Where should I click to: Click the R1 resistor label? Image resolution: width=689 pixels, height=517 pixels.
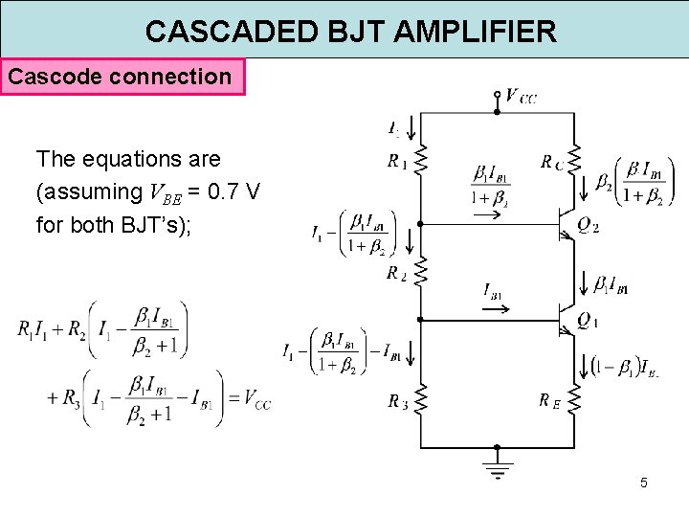[x=397, y=163]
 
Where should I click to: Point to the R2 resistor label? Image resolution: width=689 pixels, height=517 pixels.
[x=397, y=274]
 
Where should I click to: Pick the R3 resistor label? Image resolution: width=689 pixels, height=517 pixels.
[x=397, y=403]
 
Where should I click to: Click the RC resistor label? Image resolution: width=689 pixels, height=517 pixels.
[x=551, y=163]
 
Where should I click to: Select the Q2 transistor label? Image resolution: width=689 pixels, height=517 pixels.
[x=589, y=228]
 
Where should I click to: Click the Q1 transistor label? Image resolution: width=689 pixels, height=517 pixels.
[x=589, y=322]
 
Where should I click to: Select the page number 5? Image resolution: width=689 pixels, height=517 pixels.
[x=644, y=483]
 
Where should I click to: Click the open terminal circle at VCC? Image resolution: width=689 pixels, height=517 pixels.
[x=497, y=95]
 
